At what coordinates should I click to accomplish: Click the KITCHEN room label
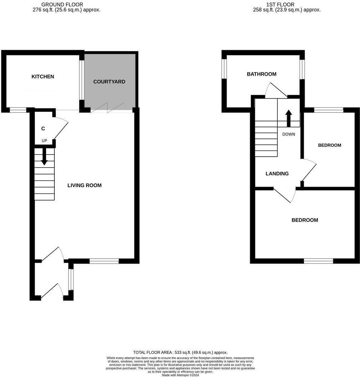point(43,77)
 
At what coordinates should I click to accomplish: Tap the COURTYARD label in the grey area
point(109,82)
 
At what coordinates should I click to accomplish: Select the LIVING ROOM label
point(85,185)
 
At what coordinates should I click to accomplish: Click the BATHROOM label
point(262,74)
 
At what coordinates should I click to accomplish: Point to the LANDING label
point(277,174)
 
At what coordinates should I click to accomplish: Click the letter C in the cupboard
point(43,129)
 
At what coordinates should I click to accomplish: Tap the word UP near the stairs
point(44,141)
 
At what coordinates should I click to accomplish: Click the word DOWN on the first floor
point(288,135)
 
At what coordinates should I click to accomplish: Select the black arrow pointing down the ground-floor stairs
point(44,156)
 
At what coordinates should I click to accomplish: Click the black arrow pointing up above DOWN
point(288,118)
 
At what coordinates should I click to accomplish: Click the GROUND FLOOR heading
point(62,4)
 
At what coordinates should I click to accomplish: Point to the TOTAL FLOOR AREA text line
point(180,352)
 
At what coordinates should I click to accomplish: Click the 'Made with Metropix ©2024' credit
point(180,375)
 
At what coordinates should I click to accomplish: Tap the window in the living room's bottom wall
point(104,261)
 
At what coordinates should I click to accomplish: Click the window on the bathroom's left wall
point(224,69)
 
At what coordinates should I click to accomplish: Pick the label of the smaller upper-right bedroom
point(330,145)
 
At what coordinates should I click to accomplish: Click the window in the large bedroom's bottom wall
point(319,261)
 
